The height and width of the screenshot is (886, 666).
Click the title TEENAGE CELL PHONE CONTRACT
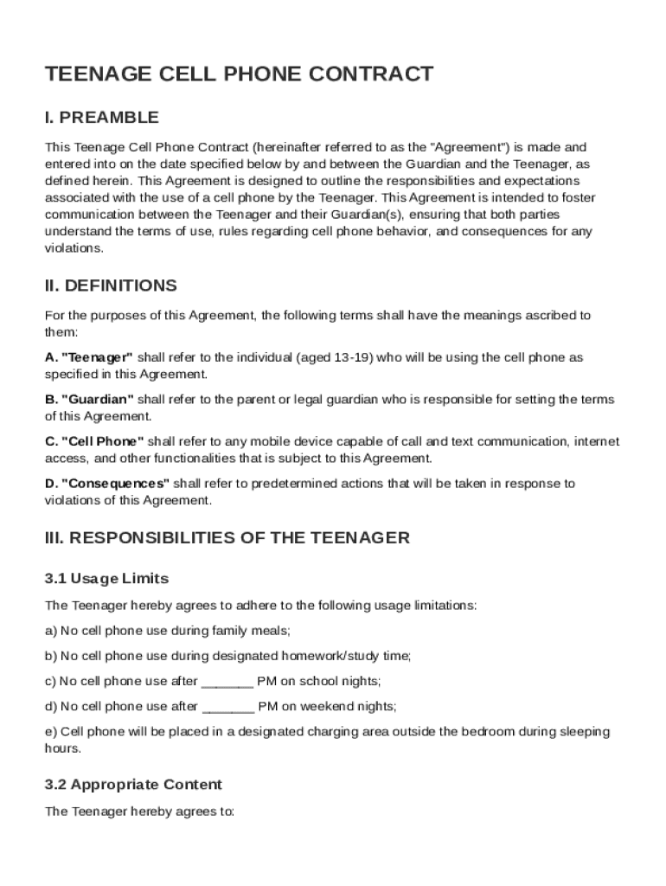[239, 74]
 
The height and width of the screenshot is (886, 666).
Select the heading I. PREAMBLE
[101, 118]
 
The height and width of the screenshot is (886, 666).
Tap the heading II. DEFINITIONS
[111, 286]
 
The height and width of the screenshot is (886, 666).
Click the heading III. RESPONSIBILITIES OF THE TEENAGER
[227, 538]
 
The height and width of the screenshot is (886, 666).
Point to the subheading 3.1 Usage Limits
[106, 579]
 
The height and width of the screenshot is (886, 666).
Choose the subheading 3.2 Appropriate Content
[133, 785]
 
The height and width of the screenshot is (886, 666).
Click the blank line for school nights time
[227, 682]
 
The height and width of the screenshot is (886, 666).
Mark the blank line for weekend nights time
[227, 707]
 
